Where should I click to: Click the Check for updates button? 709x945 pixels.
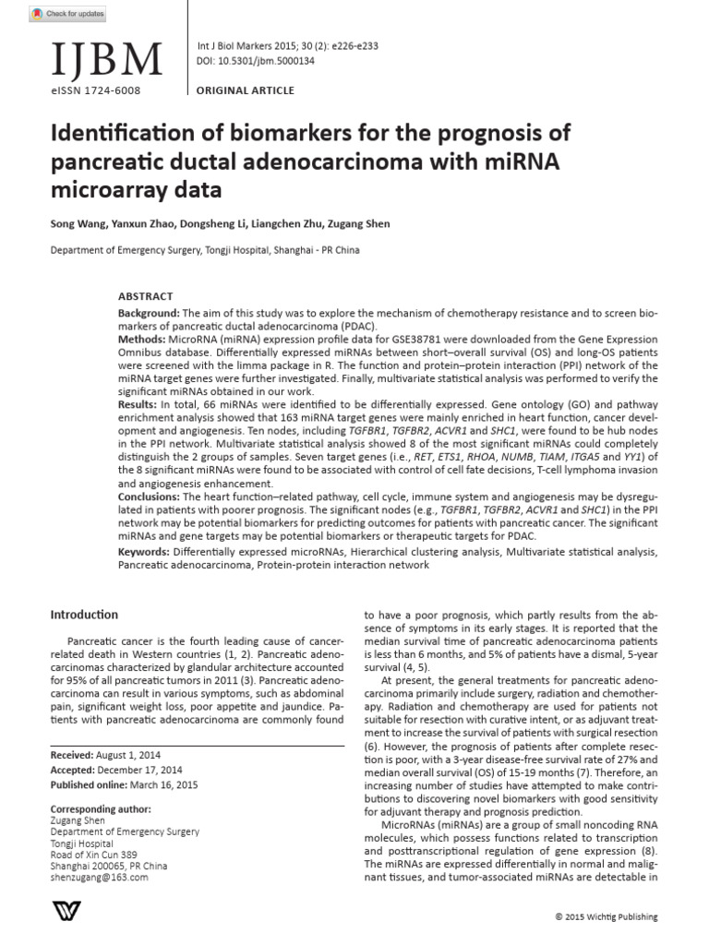(67, 14)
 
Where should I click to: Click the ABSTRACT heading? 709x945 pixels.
(145, 296)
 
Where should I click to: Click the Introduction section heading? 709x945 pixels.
(84, 615)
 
